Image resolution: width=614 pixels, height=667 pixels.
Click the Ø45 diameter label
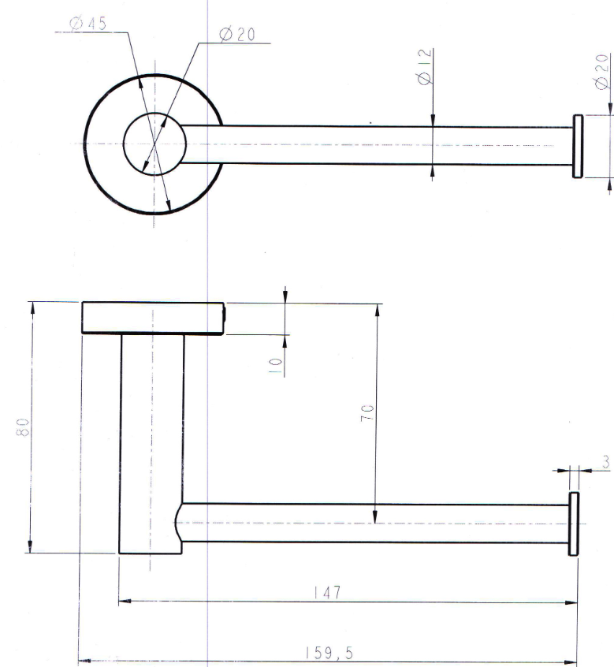(88, 24)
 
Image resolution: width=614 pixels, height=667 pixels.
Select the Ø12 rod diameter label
(425, 67)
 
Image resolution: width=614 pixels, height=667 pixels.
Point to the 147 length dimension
(327, 593)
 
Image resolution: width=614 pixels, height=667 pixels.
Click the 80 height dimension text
(23, 427)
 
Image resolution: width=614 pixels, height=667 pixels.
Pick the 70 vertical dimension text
(367, 412)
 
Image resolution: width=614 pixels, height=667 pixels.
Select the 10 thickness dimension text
(275, 365)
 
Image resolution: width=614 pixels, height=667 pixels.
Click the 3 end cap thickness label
(605, 462)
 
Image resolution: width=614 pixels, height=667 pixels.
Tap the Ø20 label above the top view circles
(237, 35)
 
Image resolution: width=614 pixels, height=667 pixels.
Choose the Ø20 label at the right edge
(602, 72)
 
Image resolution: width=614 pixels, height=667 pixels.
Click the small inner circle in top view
(154, 144)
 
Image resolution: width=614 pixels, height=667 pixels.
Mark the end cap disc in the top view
(578, 146)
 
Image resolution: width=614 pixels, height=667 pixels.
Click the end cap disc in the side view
(574, 524)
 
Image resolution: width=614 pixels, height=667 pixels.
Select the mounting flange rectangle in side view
(153, 319)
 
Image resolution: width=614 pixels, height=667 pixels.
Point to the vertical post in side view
(152, 444)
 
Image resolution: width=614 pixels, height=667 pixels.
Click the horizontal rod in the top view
(376, 145)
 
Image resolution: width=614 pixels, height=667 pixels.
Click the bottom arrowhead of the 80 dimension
(30, 547)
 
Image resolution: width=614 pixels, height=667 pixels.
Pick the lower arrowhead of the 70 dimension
(375, 517)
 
